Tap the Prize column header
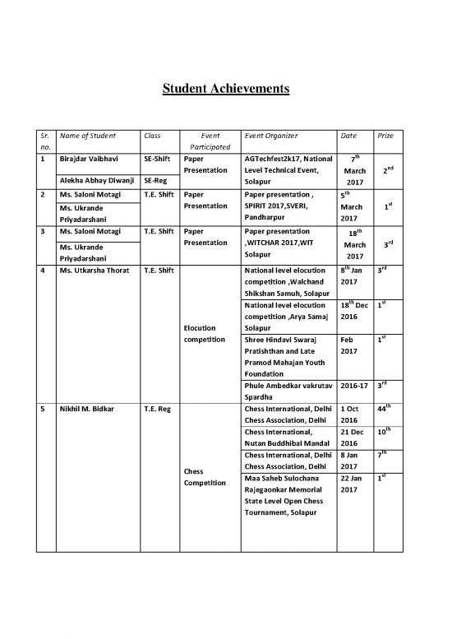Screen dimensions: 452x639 [385, 135]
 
